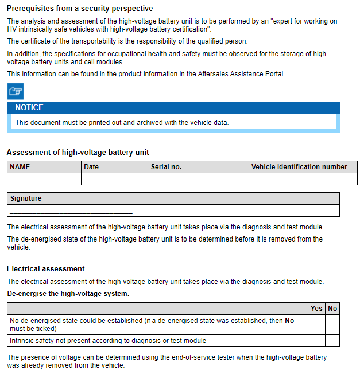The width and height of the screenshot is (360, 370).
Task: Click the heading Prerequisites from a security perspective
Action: [80, 9]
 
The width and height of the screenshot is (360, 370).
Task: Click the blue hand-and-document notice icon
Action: [16, 91]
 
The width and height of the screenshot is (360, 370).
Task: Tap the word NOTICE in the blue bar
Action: [29, 107]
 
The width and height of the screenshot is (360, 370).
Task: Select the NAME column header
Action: [20, 167]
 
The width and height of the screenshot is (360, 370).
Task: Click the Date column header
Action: [91, 167]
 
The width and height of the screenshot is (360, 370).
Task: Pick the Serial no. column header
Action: [166, 167]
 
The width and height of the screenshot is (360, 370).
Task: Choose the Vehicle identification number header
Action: [299, 167]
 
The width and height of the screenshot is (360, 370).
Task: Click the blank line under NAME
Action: [44, 180]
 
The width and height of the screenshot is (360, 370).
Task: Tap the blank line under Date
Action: [114, 180]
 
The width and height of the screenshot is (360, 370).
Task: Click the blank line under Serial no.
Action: [198, 180]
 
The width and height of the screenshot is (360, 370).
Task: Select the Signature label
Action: [26, 198]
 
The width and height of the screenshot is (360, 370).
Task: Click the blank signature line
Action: [71, 212]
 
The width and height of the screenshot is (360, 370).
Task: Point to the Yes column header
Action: [316, 309]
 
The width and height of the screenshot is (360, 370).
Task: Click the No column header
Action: [332, 309]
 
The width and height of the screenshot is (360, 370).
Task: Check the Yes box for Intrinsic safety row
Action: [316, 341]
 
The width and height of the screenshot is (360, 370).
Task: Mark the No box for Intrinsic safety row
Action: [332, 341]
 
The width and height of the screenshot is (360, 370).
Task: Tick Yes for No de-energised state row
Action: [316, 325]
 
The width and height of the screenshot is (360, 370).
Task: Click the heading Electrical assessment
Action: [46, 268]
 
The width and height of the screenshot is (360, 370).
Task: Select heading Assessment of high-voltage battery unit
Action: [78, 152]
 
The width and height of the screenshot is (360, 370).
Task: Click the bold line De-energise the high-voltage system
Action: [68, 294]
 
